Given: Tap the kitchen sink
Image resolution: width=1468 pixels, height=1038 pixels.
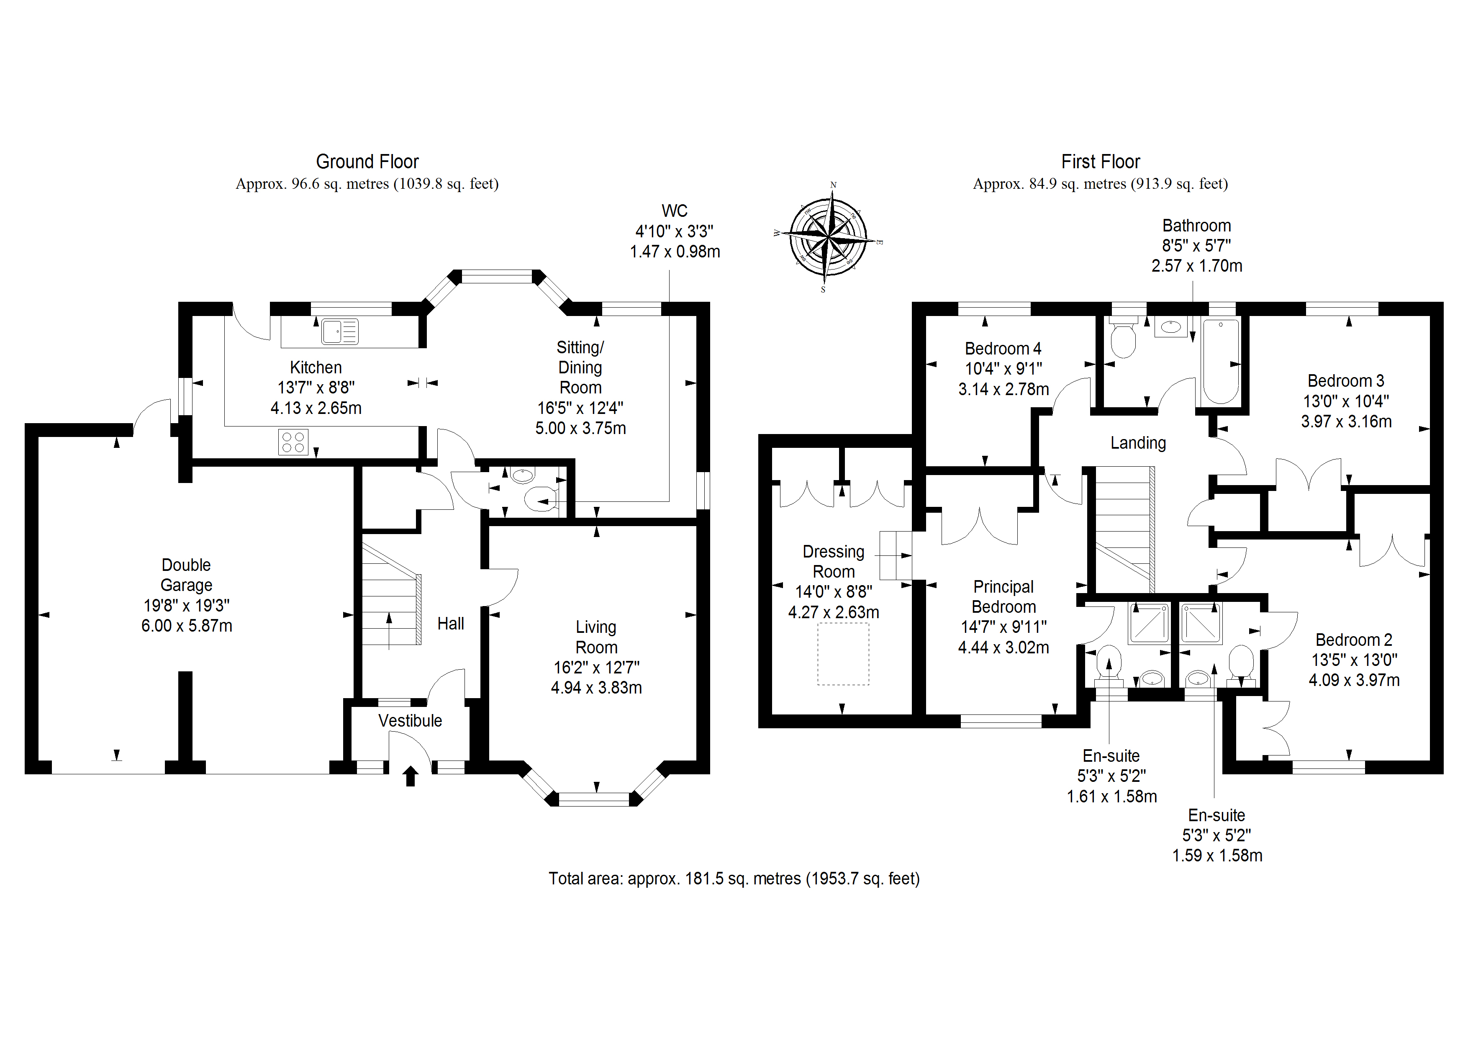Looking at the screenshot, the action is [x=339, y=332].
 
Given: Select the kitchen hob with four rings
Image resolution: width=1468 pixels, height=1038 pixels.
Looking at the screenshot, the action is [x=293, y=442].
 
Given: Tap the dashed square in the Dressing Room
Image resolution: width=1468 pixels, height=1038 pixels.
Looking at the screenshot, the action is [x=843, y=654].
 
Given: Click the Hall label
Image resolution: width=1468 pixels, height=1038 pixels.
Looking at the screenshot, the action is [x=450, y=624].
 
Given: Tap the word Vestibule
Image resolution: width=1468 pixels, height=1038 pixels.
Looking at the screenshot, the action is [x=410, y=721].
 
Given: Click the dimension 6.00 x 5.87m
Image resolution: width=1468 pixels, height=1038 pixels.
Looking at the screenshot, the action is [x=187, y=625].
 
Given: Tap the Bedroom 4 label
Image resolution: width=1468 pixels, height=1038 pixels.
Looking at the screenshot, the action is [x=1003, y=349].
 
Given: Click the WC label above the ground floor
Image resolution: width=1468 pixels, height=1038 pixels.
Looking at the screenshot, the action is [x=675, y=211].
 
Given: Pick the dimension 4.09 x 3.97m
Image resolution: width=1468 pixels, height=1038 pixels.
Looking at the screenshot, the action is [x=1354, y=680].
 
